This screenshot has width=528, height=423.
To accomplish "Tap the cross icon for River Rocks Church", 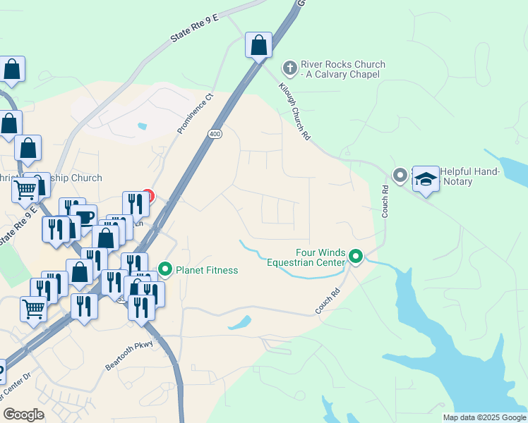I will (289, 68).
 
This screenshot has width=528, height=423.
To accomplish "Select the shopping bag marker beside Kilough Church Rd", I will (259, 45).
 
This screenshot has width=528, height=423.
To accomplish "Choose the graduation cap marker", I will (426, 179).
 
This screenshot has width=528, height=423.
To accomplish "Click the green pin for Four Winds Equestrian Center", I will (356, 257).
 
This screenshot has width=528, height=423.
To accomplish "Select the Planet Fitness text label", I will (206, 269).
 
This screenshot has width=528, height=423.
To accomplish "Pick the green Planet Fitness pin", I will (165, 269).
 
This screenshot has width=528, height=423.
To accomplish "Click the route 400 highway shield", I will (215, 133).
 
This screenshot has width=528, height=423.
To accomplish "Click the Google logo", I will (23, 415).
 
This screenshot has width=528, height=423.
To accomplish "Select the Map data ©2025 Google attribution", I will (484, 417).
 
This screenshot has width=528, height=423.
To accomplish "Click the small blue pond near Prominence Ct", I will (143, 127).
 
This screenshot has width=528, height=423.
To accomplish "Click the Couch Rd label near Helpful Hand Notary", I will (385, 201).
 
